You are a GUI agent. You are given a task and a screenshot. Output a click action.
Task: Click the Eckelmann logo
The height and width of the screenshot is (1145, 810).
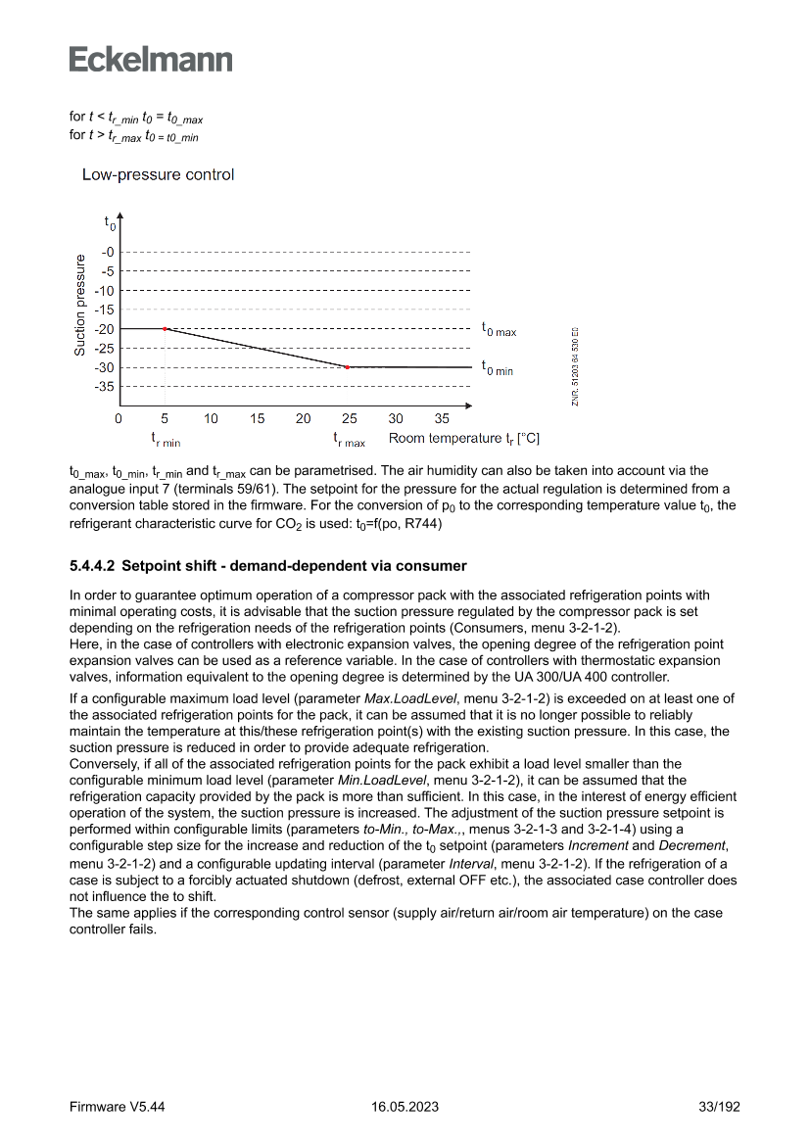(x=151, y=59)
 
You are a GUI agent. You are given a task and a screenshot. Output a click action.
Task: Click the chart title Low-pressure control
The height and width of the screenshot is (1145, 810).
(x=158, y=175)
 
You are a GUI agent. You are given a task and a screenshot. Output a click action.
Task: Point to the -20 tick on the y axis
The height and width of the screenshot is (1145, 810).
(x=104, y=329)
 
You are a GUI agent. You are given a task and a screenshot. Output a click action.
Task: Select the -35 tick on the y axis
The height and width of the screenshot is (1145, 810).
(x=104, y=387)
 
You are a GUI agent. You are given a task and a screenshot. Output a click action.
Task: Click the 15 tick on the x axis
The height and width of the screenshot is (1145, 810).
(x=257, y=418)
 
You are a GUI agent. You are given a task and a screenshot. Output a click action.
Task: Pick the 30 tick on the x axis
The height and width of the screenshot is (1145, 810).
(x=396, y=418)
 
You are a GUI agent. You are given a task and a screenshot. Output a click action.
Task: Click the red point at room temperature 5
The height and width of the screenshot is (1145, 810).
(x=165, y=329)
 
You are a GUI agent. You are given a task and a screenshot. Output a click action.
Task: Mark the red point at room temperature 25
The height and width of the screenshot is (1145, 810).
(x=348, y=367)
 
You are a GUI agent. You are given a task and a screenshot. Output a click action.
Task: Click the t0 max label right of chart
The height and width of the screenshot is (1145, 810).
(x=499, y=331)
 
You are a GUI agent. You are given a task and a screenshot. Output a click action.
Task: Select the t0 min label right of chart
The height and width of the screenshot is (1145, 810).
(x=497, y=369)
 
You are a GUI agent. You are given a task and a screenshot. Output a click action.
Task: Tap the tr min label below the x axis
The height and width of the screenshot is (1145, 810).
(x=166, y=440)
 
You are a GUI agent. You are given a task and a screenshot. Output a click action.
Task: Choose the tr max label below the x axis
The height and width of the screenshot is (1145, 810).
(x=349, y=440)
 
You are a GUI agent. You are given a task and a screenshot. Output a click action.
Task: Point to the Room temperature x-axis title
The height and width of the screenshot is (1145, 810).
(x=464, y=438)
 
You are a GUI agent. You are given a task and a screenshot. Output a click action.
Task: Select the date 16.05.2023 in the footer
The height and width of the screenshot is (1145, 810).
(x=405, y=1107)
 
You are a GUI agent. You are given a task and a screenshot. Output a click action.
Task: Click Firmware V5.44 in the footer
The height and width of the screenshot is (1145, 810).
(x=118, y=1107)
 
